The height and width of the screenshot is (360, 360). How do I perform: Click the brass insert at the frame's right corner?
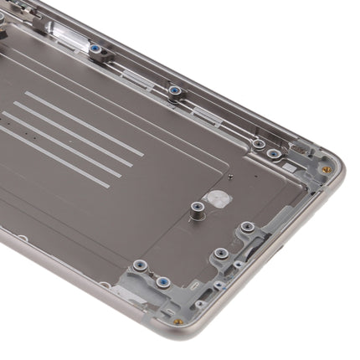pos(327,169)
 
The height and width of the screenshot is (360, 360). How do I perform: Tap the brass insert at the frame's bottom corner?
pos(178,321)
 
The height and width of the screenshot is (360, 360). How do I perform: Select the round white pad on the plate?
pos(217,198)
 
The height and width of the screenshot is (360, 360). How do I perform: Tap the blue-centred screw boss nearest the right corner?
pos(274,154)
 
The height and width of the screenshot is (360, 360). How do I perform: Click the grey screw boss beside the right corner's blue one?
pos(259,144)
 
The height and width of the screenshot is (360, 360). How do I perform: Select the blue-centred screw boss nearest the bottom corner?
pos(163,282)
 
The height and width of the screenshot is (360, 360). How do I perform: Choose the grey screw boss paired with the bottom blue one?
pos(140,265)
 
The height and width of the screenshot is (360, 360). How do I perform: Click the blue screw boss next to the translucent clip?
pos(98,49)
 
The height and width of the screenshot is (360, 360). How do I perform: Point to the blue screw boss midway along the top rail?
pos(174,90)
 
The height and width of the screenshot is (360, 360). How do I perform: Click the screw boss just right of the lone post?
pos(246,227)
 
